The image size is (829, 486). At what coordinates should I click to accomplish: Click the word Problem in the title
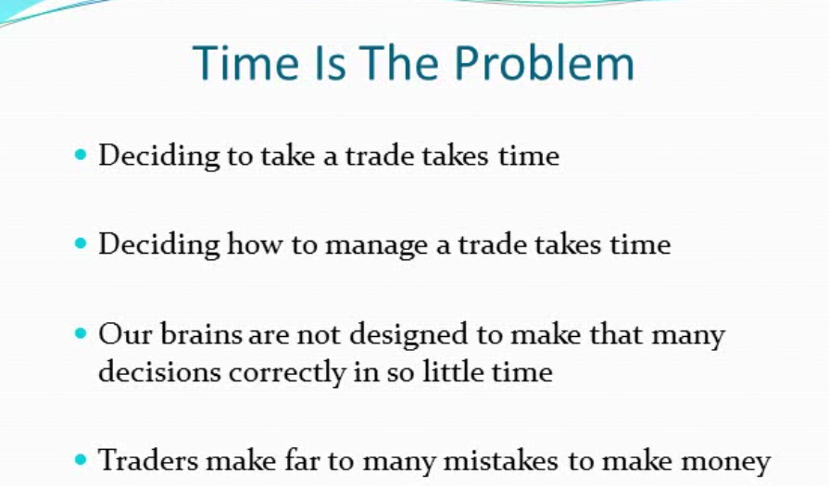click(544, 64)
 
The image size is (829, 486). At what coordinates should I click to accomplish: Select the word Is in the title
click(331, 62)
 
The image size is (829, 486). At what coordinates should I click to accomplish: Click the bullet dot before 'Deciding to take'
click(81, 155)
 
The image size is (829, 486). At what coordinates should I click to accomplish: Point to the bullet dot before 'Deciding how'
click(81, 243)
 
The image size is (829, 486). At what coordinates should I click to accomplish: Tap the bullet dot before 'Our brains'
click(81, 333)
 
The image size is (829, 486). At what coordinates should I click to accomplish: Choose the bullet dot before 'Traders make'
click(81, 459)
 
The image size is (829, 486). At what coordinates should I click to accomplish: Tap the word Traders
click(147, 459)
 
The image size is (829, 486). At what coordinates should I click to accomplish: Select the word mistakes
click(501, 460)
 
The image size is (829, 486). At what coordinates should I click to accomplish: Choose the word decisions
click(159, 371)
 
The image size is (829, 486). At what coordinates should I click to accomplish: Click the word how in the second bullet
click(255, 243)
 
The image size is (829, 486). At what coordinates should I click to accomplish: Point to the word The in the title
click(399, 62)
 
